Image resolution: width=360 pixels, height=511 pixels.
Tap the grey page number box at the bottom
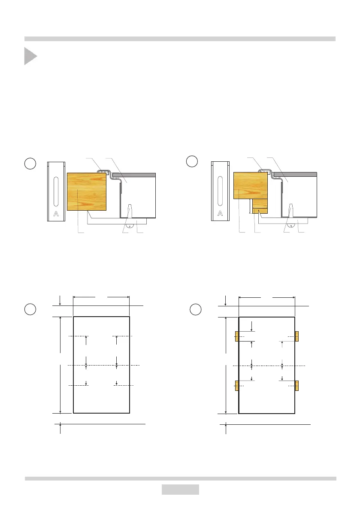pos(180,490)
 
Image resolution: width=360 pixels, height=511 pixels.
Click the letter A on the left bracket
pos(56,214)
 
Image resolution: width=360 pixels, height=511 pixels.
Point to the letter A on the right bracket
pos(220,214)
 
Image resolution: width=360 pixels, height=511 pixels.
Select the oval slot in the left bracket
pos(56,192)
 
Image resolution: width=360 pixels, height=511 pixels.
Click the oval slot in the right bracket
pos(220,192)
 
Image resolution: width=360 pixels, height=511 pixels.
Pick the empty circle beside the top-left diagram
pos(30,163)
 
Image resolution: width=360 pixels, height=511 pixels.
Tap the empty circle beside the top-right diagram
pos(192,161)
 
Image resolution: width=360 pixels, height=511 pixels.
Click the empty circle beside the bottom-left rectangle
pos(30,309)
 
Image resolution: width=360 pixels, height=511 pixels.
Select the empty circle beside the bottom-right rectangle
pos(196,309)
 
